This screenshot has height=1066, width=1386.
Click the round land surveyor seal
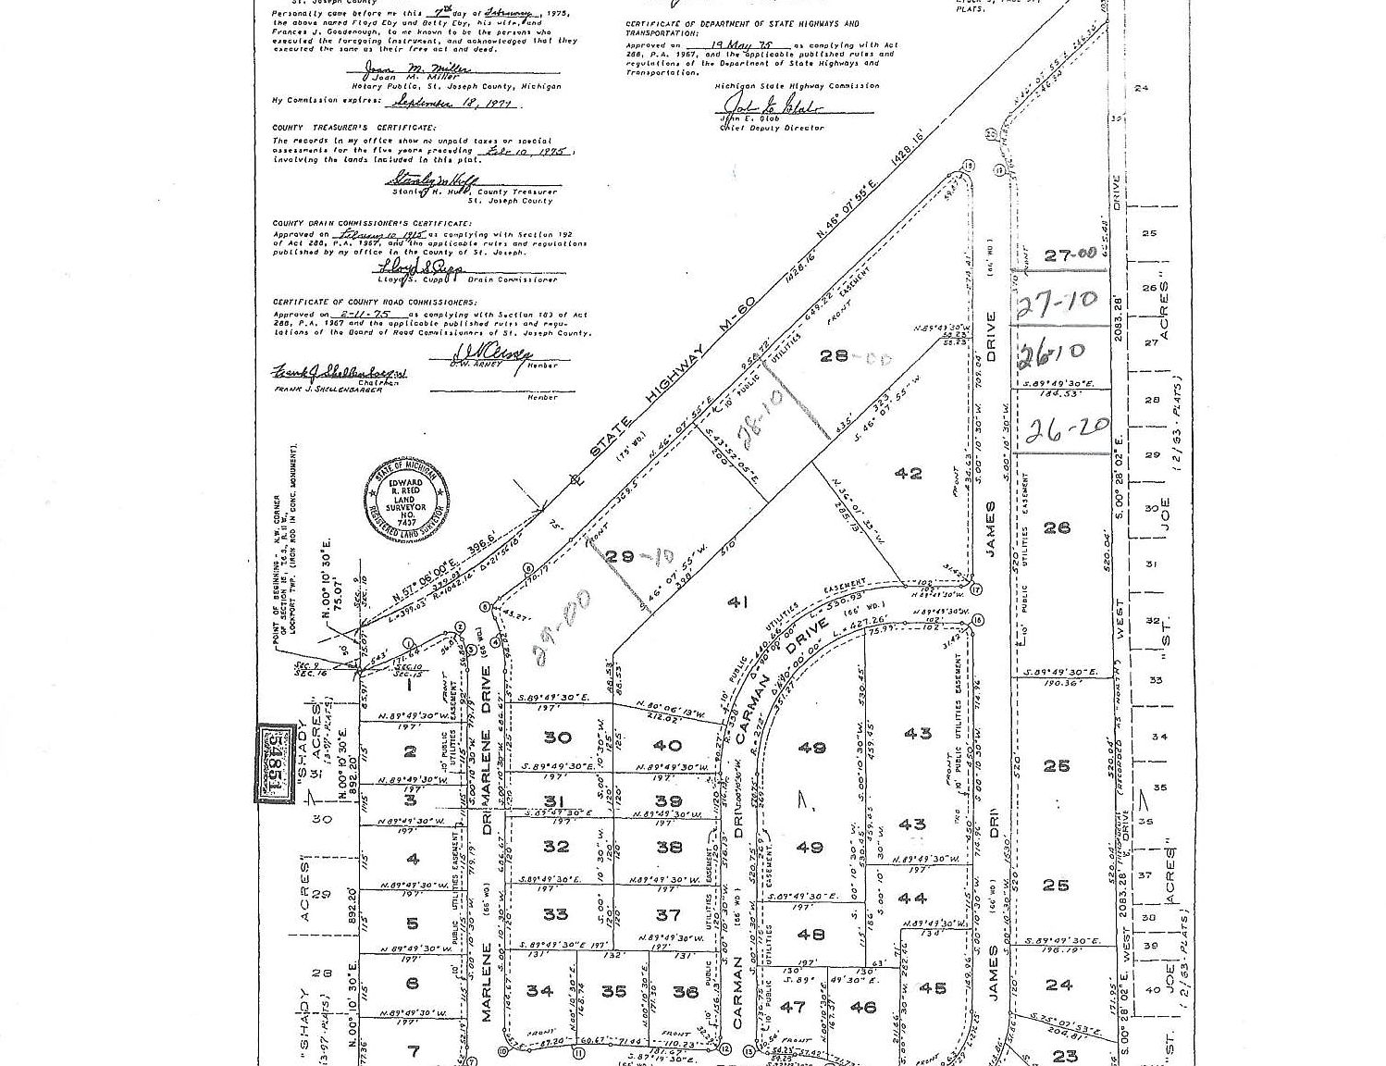point(408,502)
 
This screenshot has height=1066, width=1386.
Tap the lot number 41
point(737,602)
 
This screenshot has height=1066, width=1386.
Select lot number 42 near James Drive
point(909,474)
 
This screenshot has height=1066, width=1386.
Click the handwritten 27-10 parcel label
point(1056,302)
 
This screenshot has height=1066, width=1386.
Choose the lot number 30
point(557,738)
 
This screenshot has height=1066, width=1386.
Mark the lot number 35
point(613,991)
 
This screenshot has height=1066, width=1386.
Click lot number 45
point(933,988)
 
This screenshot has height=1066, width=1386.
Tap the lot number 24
point(1058,985)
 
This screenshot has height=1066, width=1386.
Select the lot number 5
point(412,923)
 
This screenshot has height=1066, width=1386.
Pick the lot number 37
point(668,915)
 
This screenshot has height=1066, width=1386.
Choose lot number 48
point(810,935)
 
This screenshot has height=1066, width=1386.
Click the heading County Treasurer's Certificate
point(340,128)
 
